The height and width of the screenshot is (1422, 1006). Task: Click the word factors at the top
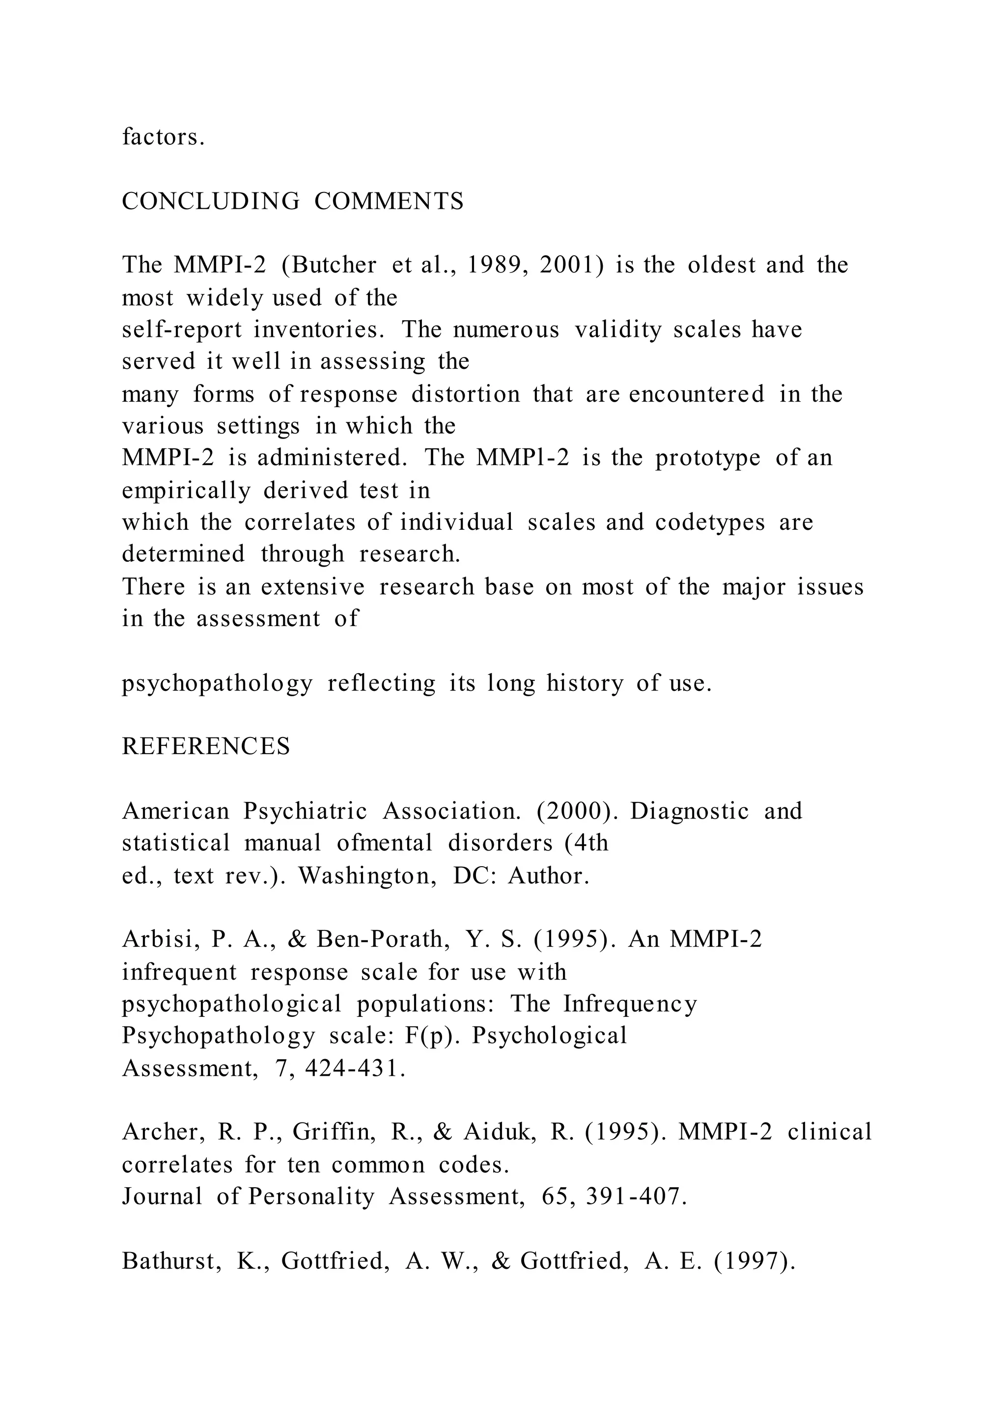click(x=162, y=137)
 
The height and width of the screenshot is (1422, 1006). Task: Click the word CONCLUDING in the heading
click(x=211, y=201)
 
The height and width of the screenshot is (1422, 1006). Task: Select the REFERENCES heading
click(x=206, y=746)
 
